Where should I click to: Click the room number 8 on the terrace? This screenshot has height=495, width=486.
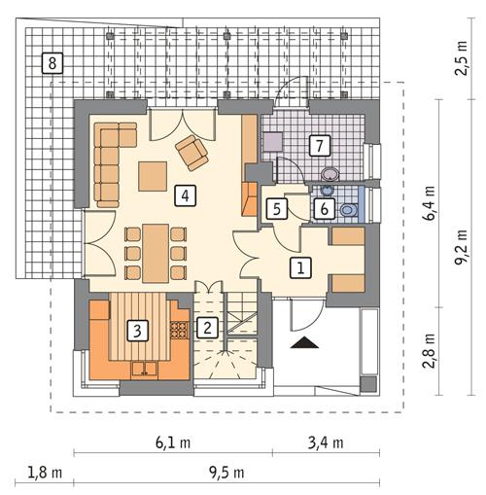click(x=52, y=64)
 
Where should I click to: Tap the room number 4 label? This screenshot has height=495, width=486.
click(x=182, y=195)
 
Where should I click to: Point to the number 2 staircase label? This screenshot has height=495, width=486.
click(x=207, y=328)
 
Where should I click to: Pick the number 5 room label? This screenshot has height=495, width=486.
click(x=276, y=207)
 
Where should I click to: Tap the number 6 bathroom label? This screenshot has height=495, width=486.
click(x=326, y=207)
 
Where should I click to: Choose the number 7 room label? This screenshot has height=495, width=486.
click(x=317, y=146)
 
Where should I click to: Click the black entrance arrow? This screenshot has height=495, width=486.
click(x=305, y=342)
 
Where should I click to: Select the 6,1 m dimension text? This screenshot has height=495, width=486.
click(x=173, y=442)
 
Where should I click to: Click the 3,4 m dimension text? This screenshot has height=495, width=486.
click(x=325, y=442)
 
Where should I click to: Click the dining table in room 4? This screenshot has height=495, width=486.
click(x=156, y=251)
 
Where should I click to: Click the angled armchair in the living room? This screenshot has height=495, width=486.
click(x=191, y=151)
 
